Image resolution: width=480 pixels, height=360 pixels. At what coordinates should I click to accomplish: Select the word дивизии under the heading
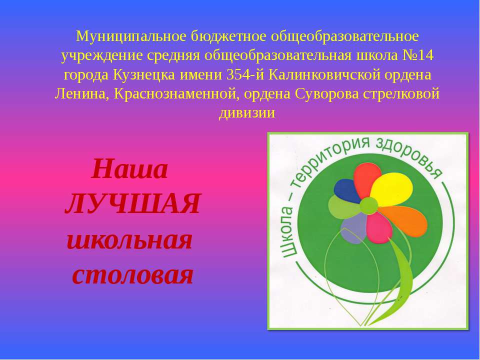pos(247,112)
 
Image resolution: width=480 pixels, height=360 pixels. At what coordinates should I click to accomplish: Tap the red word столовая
pos(132,275)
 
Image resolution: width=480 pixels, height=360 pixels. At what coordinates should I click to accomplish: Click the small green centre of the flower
pos(368,204)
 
